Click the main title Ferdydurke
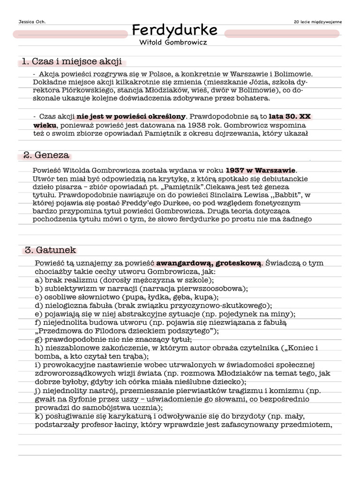[174, 30]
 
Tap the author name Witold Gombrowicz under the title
[173, 42]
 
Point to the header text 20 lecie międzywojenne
[318, 22]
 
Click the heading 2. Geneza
[46, 155]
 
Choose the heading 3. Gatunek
[50, 250]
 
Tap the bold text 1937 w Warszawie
[261, 170]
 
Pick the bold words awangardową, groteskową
[209, 263]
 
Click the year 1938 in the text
[200, 125]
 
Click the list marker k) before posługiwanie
[39, 417]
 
